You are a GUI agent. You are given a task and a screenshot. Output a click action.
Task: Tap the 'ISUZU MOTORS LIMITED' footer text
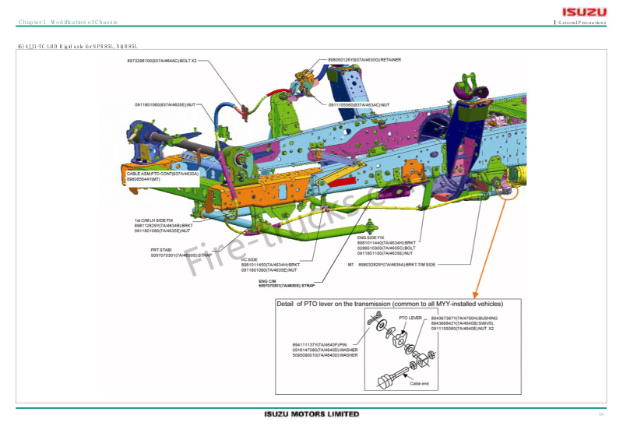[311, 414]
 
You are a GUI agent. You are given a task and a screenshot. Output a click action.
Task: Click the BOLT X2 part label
[162, 60]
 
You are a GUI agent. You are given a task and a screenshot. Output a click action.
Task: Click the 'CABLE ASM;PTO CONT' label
[163, 174]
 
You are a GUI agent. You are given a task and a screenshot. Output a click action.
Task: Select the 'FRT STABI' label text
[161, 249]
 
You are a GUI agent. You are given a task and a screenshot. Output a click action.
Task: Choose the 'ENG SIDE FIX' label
[371, 237]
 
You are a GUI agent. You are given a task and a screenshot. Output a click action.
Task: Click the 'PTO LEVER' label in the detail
[410, 318]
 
